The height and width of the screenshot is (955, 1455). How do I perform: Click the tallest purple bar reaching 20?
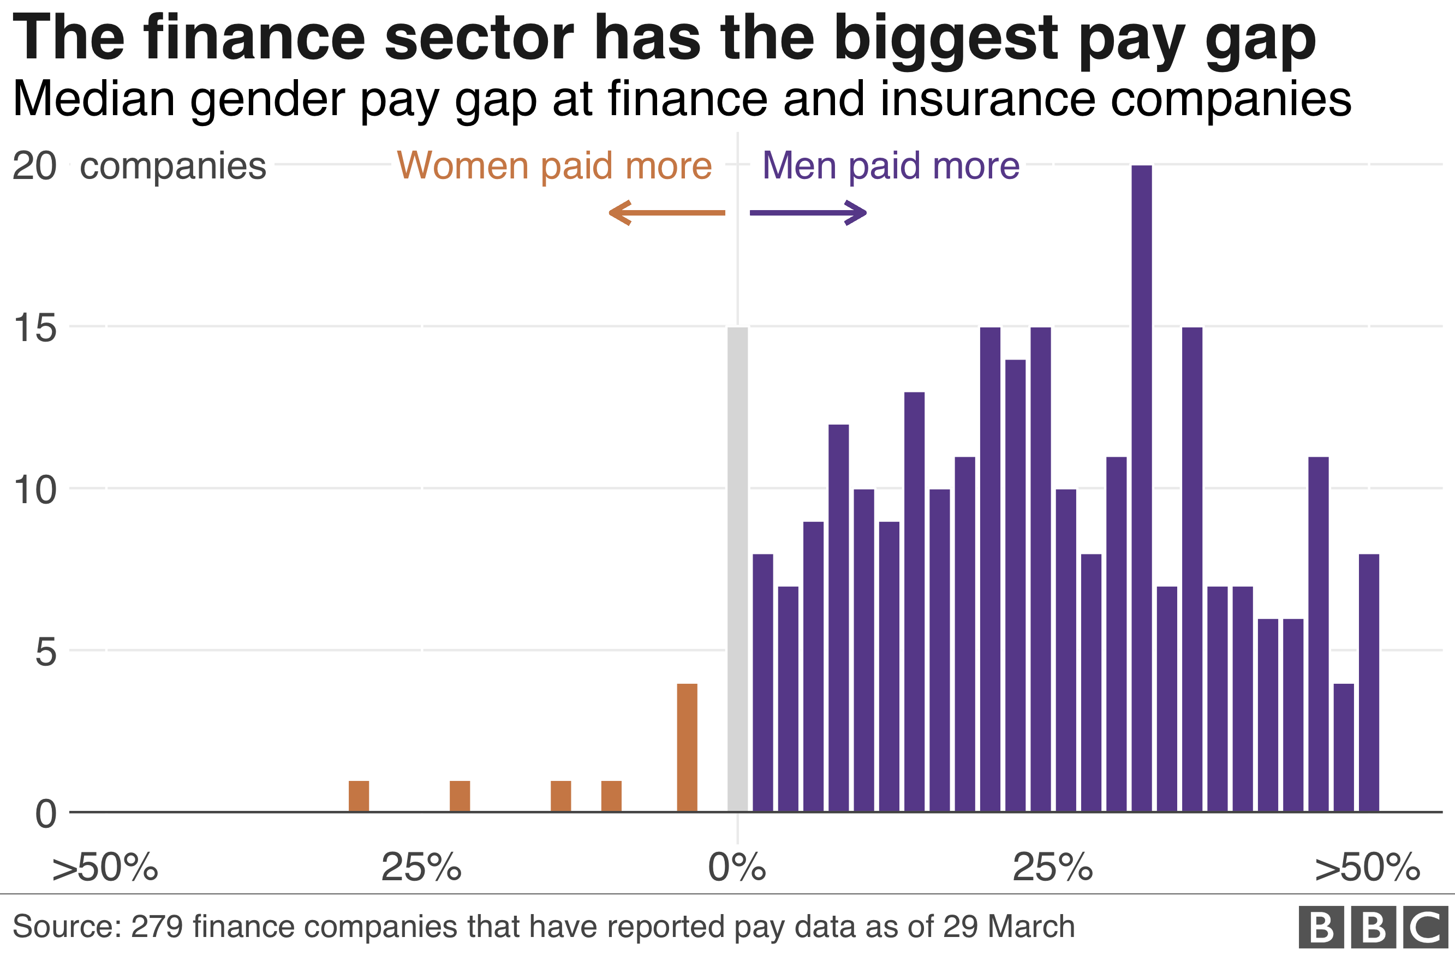pyautogui.click(x=1141, y=489)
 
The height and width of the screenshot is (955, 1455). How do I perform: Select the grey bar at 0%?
pyautogui.click(x=737, y=569)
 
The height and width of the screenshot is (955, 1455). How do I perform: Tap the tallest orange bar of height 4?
pyautogui.click(x=687, y=747)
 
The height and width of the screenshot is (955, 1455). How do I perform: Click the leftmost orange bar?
pyautogui.click(x=359, y=796)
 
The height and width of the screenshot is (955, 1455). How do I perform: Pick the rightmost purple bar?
pyautogui.click(x=1369, y=682)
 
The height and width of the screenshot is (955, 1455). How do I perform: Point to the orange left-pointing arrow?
pyautogui.click(x=666, y=213)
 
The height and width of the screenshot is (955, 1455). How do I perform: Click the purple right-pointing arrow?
pyautogui.click(x=808, y=213)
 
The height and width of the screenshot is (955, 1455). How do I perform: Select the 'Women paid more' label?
pyautogui.click(x=554, y=166)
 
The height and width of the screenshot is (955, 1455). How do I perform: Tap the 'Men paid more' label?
pyautogui.click(x=891, y=166)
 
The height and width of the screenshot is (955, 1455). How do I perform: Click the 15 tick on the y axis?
pyautogui.click(x=35, y=329)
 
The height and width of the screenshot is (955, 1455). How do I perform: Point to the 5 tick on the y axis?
pyautogui.click(x=45, y=652)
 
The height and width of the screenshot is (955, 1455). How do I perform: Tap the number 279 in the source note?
pyautogui.click(x=157, y=926)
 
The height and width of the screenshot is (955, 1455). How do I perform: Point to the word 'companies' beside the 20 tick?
pyautogui.click(x=173, y=166)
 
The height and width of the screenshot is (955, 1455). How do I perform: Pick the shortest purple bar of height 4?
pyautogui.click(x=1344, y=747)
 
